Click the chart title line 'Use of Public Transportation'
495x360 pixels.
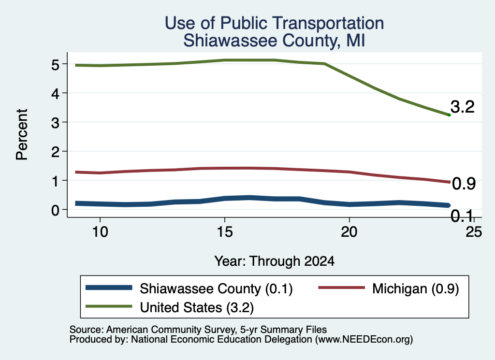point(274,23)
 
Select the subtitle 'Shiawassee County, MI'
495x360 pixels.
point(274,41)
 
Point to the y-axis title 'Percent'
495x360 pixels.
point(22,135)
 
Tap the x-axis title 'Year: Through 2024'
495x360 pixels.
point(274,261)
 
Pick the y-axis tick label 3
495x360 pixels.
point(55,122)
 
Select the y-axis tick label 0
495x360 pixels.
point(55,210)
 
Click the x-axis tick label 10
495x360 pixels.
point(100,232)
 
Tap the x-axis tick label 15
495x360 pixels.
point(225,232)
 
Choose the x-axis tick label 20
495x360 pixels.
point(349,232)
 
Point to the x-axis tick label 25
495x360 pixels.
point(474,232)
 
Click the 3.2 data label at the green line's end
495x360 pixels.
point(463,107)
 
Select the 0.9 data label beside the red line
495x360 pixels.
point(464,184)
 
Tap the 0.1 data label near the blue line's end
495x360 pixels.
point(462,216)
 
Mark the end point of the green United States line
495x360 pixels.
point(449,115)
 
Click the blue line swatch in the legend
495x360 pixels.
point(109,288)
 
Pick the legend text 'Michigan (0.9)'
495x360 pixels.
point(415,288)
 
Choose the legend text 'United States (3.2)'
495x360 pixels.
point(197,307)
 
